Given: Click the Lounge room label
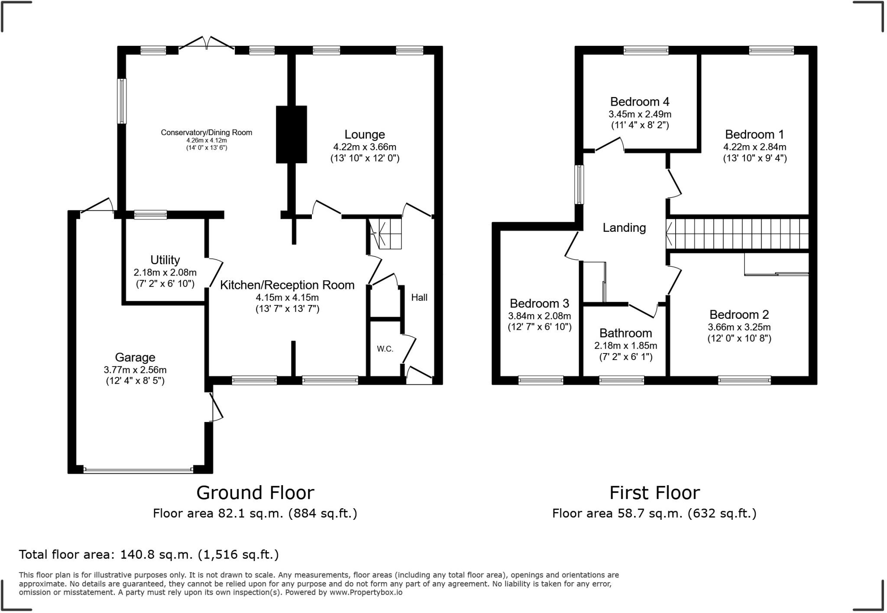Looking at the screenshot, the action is (365, 134).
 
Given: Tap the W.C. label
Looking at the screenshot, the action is (385, 349).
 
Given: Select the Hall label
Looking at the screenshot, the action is (419, 297).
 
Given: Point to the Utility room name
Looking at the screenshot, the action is (165, 260).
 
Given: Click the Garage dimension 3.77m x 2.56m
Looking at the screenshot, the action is (135, 370).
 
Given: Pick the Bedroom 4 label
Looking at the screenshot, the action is (640, 102).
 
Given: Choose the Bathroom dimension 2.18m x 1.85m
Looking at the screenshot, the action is (626, 346).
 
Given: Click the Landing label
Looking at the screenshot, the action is (624, 228).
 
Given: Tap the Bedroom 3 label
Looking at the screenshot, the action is (539, 303).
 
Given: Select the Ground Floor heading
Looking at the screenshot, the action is (255, 493).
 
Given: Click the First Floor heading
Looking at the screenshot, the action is (654, 493).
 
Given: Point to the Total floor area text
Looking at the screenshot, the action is (149, 555).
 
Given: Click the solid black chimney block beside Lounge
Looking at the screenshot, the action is (291, 134).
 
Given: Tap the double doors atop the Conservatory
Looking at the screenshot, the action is (207, 43).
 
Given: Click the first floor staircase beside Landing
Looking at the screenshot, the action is (738, 234).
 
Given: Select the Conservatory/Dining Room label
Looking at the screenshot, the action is (207, 133).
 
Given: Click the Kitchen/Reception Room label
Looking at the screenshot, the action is (287, 285).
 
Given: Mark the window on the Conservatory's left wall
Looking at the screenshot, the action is (123, 101).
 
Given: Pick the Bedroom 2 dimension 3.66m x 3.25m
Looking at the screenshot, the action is (739, 328).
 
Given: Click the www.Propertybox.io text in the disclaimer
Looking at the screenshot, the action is (366, 592).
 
